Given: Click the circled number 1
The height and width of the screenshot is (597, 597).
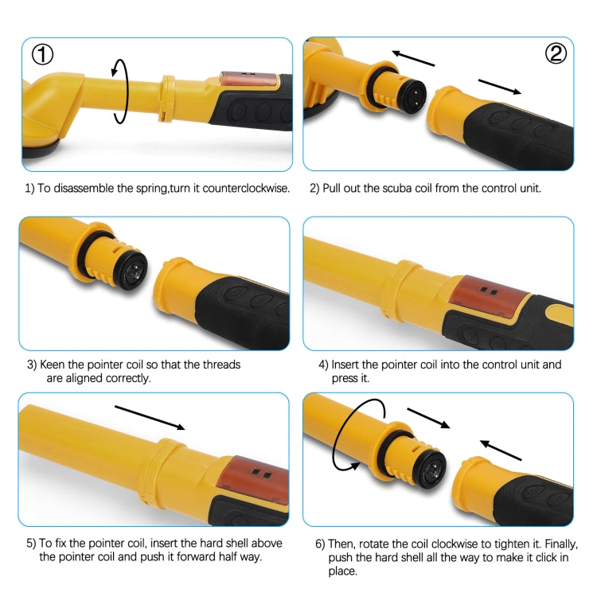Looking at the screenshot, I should point(42,54).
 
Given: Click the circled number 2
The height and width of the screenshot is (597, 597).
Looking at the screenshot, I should point(555,54).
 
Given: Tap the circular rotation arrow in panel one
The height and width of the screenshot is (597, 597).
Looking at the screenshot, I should point(119,90).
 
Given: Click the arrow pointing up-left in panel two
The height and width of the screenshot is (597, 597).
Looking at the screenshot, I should point(412,58).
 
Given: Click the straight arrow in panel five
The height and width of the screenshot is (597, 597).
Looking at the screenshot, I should point(150,417).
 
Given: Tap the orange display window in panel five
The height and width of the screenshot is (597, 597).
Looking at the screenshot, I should point(259,477).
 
